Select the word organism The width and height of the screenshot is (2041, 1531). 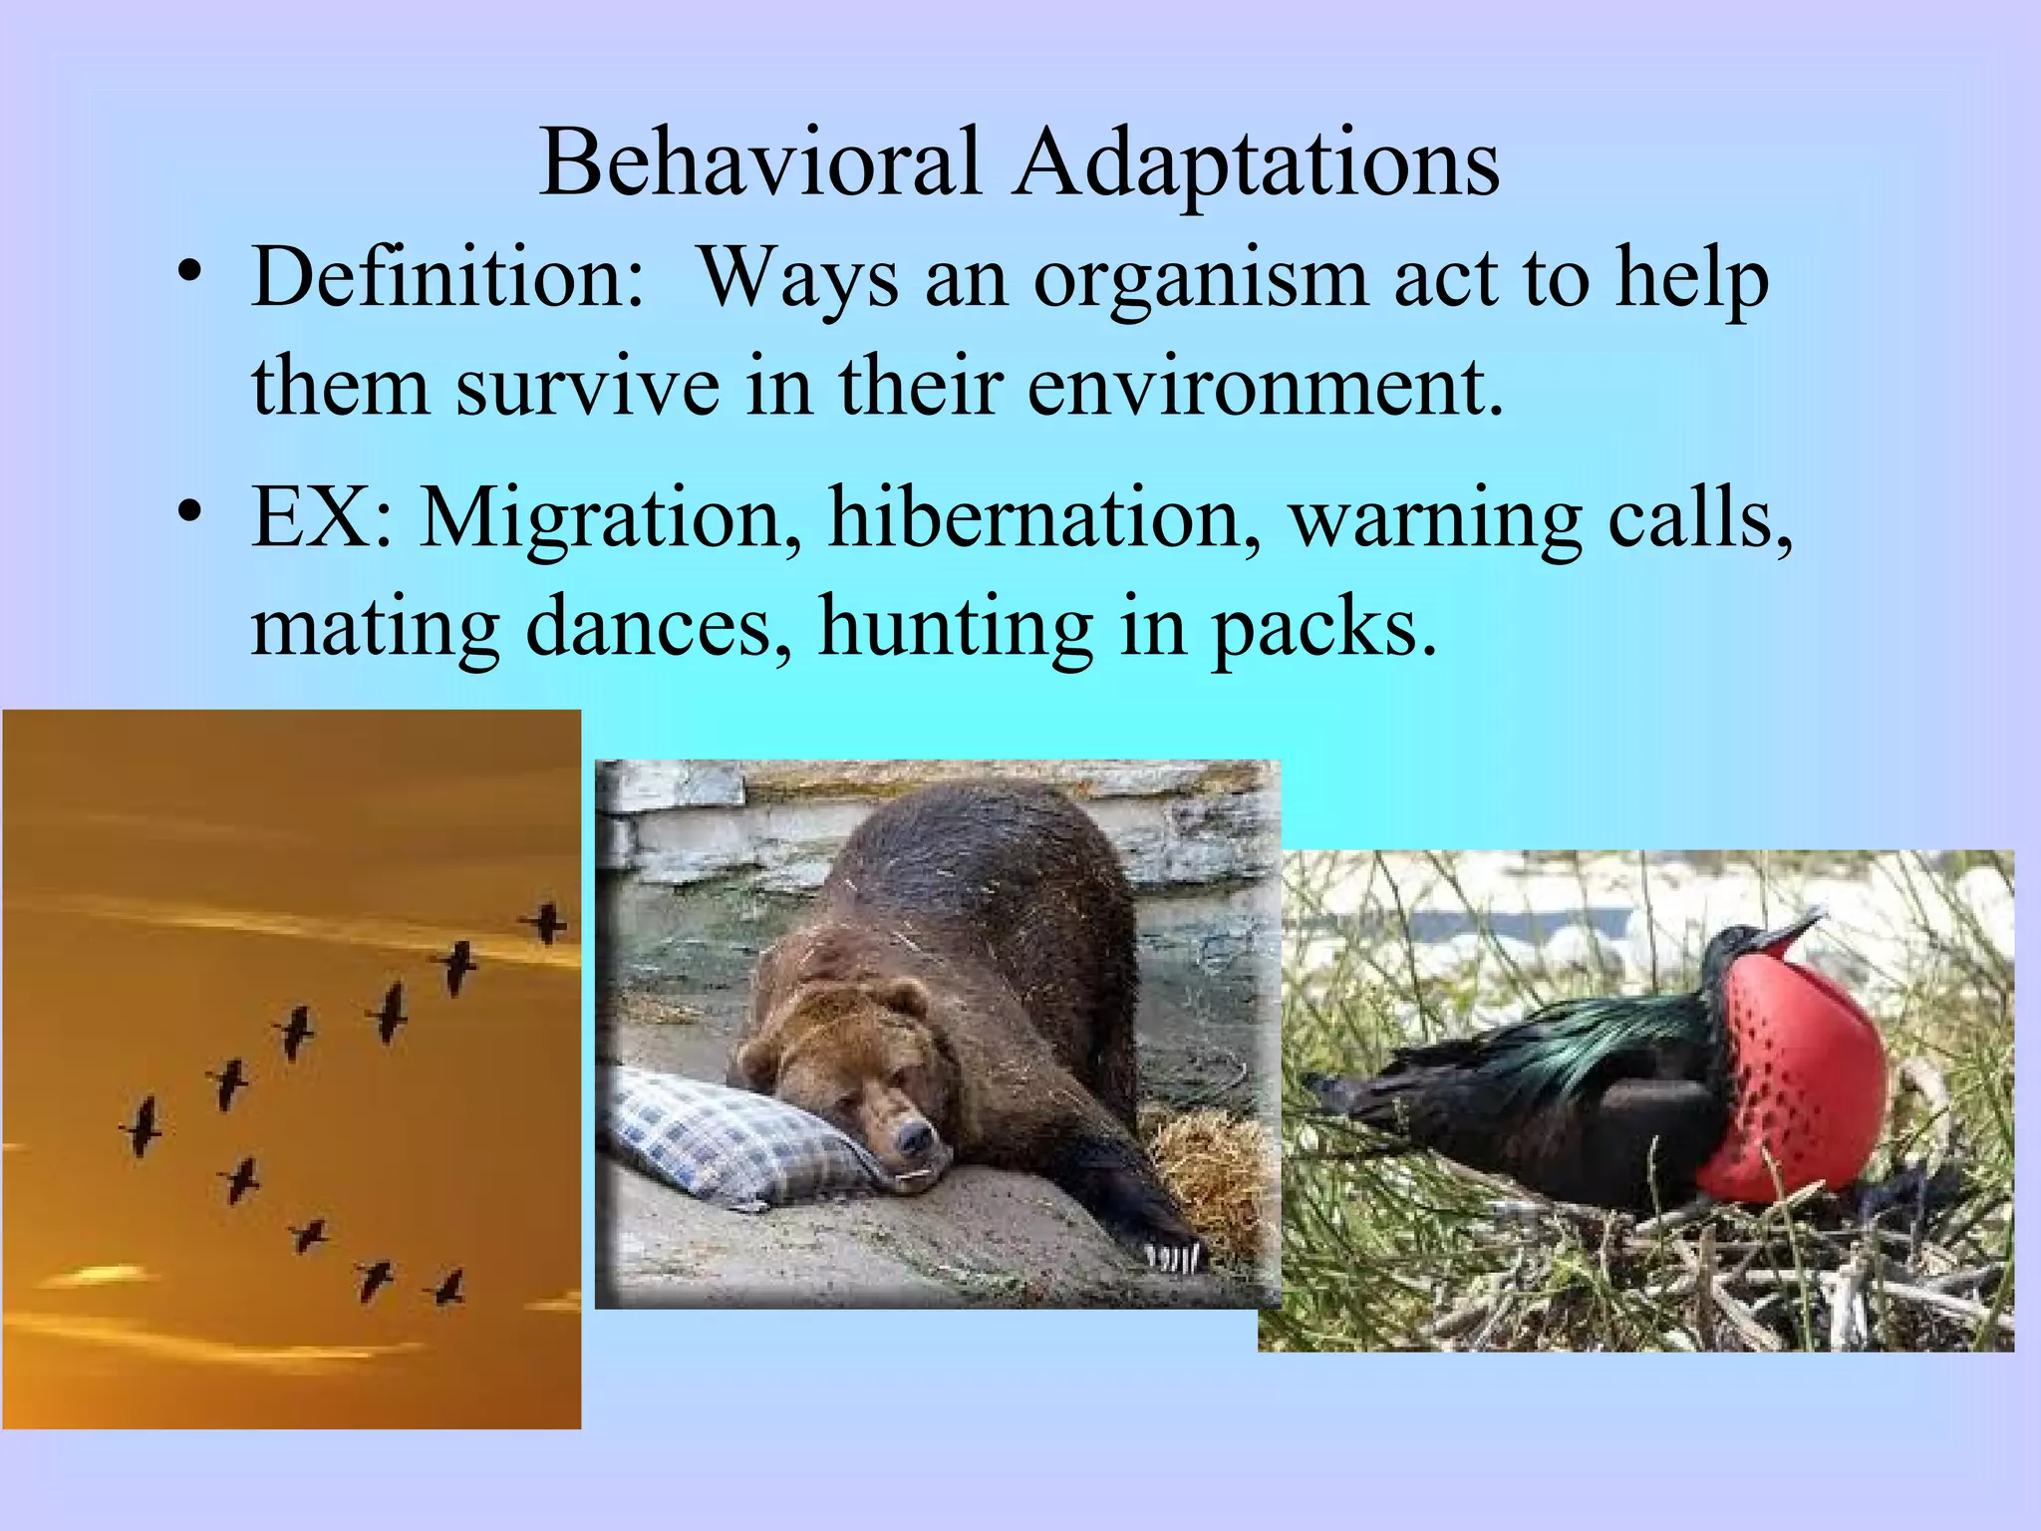pos(1200,281)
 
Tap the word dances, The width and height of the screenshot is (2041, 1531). pos(659,628)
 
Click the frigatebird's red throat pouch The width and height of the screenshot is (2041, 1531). pos(1794,1076)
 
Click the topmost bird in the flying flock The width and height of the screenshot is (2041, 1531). pos(546,922)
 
